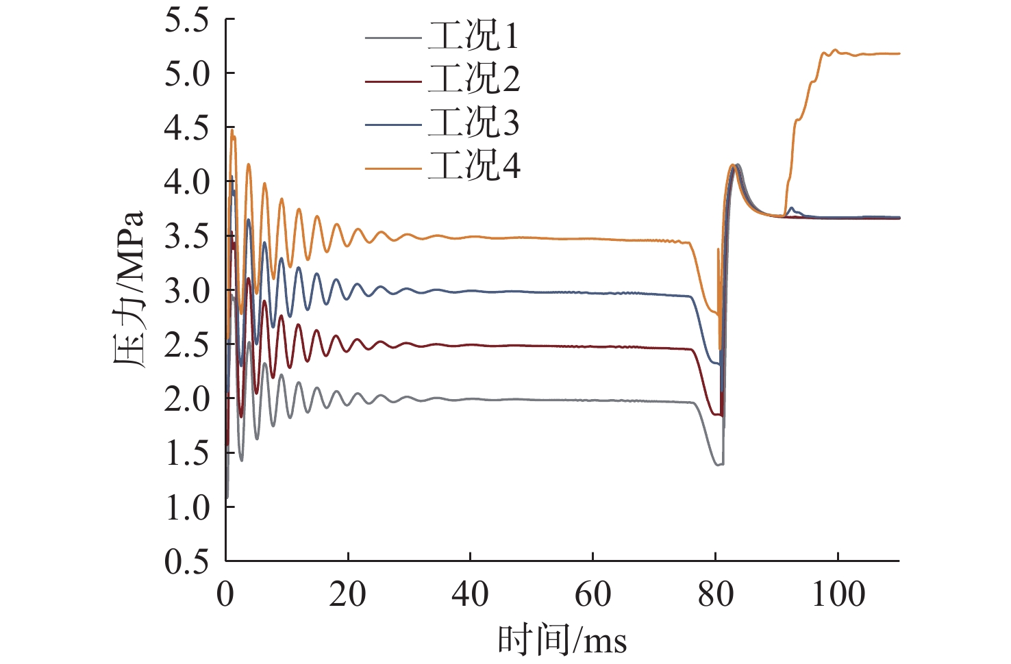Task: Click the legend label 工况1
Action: tap(473, 36)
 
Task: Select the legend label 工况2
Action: tap(473, 80)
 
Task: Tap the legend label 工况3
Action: tap(473, 123)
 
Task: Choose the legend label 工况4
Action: tap(473, 166)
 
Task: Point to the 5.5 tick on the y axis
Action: tap(186, 21)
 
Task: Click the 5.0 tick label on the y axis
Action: tap(186, 74)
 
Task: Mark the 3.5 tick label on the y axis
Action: tap(186, 236)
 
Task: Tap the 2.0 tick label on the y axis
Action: tap(186, 398)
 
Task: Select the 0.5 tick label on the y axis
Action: tap(186, 561)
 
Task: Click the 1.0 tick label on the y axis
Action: tap(186, 507)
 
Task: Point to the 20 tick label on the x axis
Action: tap(347, 594)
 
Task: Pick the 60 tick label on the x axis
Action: tap(592, 594)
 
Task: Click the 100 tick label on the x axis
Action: tap(838, 594)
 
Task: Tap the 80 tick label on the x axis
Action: tap(715, 594)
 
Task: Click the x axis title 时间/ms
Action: tap(562, 641)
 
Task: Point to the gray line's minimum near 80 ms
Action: tap(718, 465)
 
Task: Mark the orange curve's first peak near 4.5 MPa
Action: tap(232, 131)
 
